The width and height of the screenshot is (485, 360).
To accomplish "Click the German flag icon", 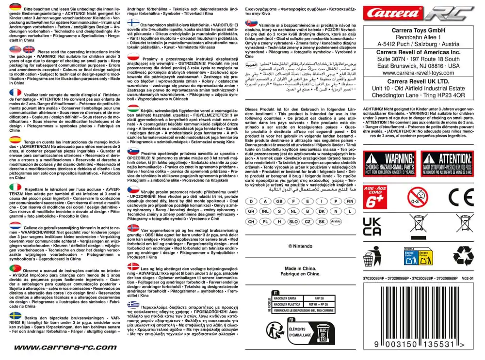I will [16, 7].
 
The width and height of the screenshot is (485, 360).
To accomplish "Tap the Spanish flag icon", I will [16, 139].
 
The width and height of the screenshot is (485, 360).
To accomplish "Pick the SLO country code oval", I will [293, 221].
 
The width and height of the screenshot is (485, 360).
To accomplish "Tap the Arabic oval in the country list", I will [336, 221].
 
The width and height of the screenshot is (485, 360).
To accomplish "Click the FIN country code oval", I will [349, 201].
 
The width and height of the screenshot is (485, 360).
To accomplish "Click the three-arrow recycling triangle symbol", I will [463, 255].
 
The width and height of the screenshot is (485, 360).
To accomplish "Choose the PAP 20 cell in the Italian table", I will [319, 298].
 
